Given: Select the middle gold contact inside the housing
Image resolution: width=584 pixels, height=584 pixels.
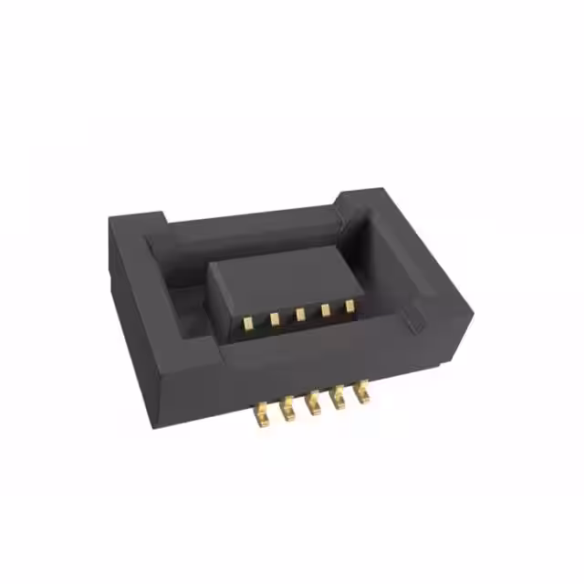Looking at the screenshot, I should [299, 314].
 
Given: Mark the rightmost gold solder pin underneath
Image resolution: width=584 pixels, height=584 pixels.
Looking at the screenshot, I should [362, 392].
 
